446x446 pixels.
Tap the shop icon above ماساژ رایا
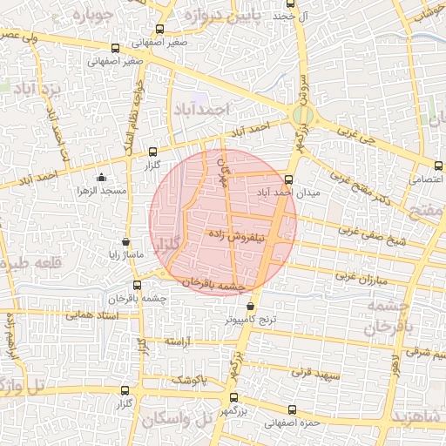[x=126, y=241]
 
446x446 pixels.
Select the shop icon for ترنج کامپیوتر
[x=251, y=307]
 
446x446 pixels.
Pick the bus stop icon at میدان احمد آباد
[x=289, y=180]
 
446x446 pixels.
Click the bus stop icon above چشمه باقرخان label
[x=137, y=285]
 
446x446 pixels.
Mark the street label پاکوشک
[x=189, y=379]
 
